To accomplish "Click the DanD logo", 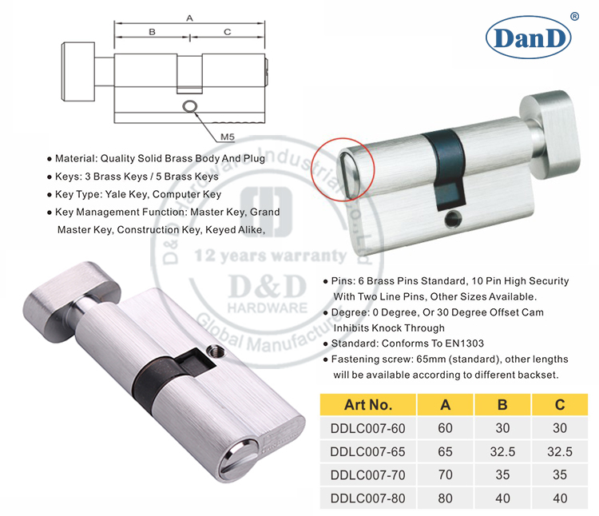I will point(534,37).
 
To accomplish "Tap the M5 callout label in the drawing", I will point(227,137).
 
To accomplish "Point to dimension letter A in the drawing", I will point(188,17).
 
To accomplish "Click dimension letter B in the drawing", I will point(152,32).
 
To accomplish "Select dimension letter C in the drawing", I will point(227,32).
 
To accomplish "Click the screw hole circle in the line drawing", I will point(188,107).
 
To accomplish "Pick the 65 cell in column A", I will point(445,451).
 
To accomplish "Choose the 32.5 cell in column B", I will point(502,451).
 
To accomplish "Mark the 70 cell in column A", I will point(445,475).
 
